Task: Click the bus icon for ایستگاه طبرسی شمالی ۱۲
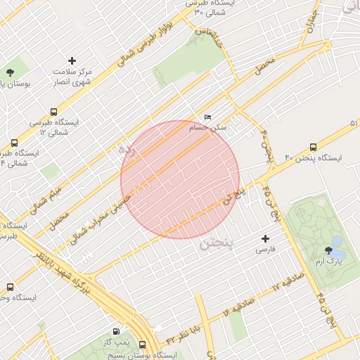pos(53,112)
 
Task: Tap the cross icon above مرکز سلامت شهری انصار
pos(72,61)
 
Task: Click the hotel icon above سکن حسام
pos(207,117)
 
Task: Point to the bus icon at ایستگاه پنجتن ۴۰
pos(313,148)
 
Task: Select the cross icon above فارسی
pos(265,238)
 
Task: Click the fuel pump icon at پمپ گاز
pos(115,331)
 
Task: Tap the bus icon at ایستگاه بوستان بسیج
pos(143,345)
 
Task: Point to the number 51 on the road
pos(353,124)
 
